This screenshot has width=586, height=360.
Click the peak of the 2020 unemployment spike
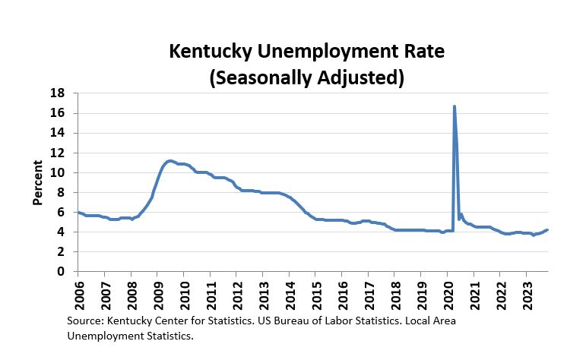454,106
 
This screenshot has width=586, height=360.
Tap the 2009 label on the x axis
157,292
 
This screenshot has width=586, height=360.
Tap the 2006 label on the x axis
78,292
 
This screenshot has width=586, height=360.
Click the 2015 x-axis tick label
315,292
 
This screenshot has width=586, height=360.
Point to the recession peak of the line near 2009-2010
170,161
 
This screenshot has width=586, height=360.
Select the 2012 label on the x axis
236,292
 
